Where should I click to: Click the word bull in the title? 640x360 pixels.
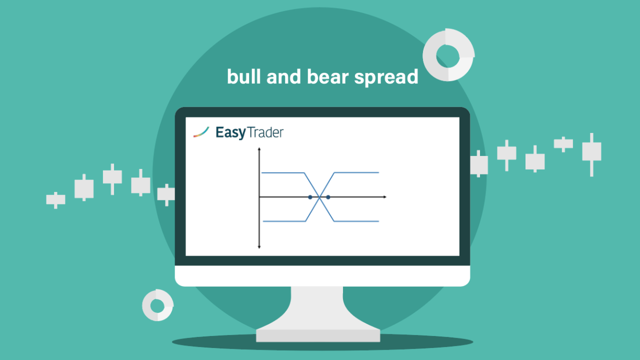coord(244,76)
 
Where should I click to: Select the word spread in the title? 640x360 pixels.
coord(386,77)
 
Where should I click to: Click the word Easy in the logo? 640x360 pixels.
coord(230,133)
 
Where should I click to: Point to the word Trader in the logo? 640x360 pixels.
coord(265,132)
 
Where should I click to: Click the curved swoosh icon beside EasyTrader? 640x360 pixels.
coord(201,132)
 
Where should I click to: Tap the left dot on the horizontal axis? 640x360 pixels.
coord(310,197)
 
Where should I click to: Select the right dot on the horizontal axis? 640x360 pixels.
coord(328,197)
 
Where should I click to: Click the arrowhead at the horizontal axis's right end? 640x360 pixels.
coord(385,197)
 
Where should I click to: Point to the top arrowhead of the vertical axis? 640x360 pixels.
coord(259,149)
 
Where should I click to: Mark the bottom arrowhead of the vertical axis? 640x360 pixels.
coord(259,247)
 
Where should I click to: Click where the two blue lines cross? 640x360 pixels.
coord(319,197)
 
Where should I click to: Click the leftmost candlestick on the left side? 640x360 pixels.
coord(55,200)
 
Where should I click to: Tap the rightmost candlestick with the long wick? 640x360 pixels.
coord(591,154)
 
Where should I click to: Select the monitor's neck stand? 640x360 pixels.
coord(317,308)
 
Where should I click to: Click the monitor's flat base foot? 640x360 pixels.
coord(318,335)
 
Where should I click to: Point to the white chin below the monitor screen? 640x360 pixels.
coord(322,275)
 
